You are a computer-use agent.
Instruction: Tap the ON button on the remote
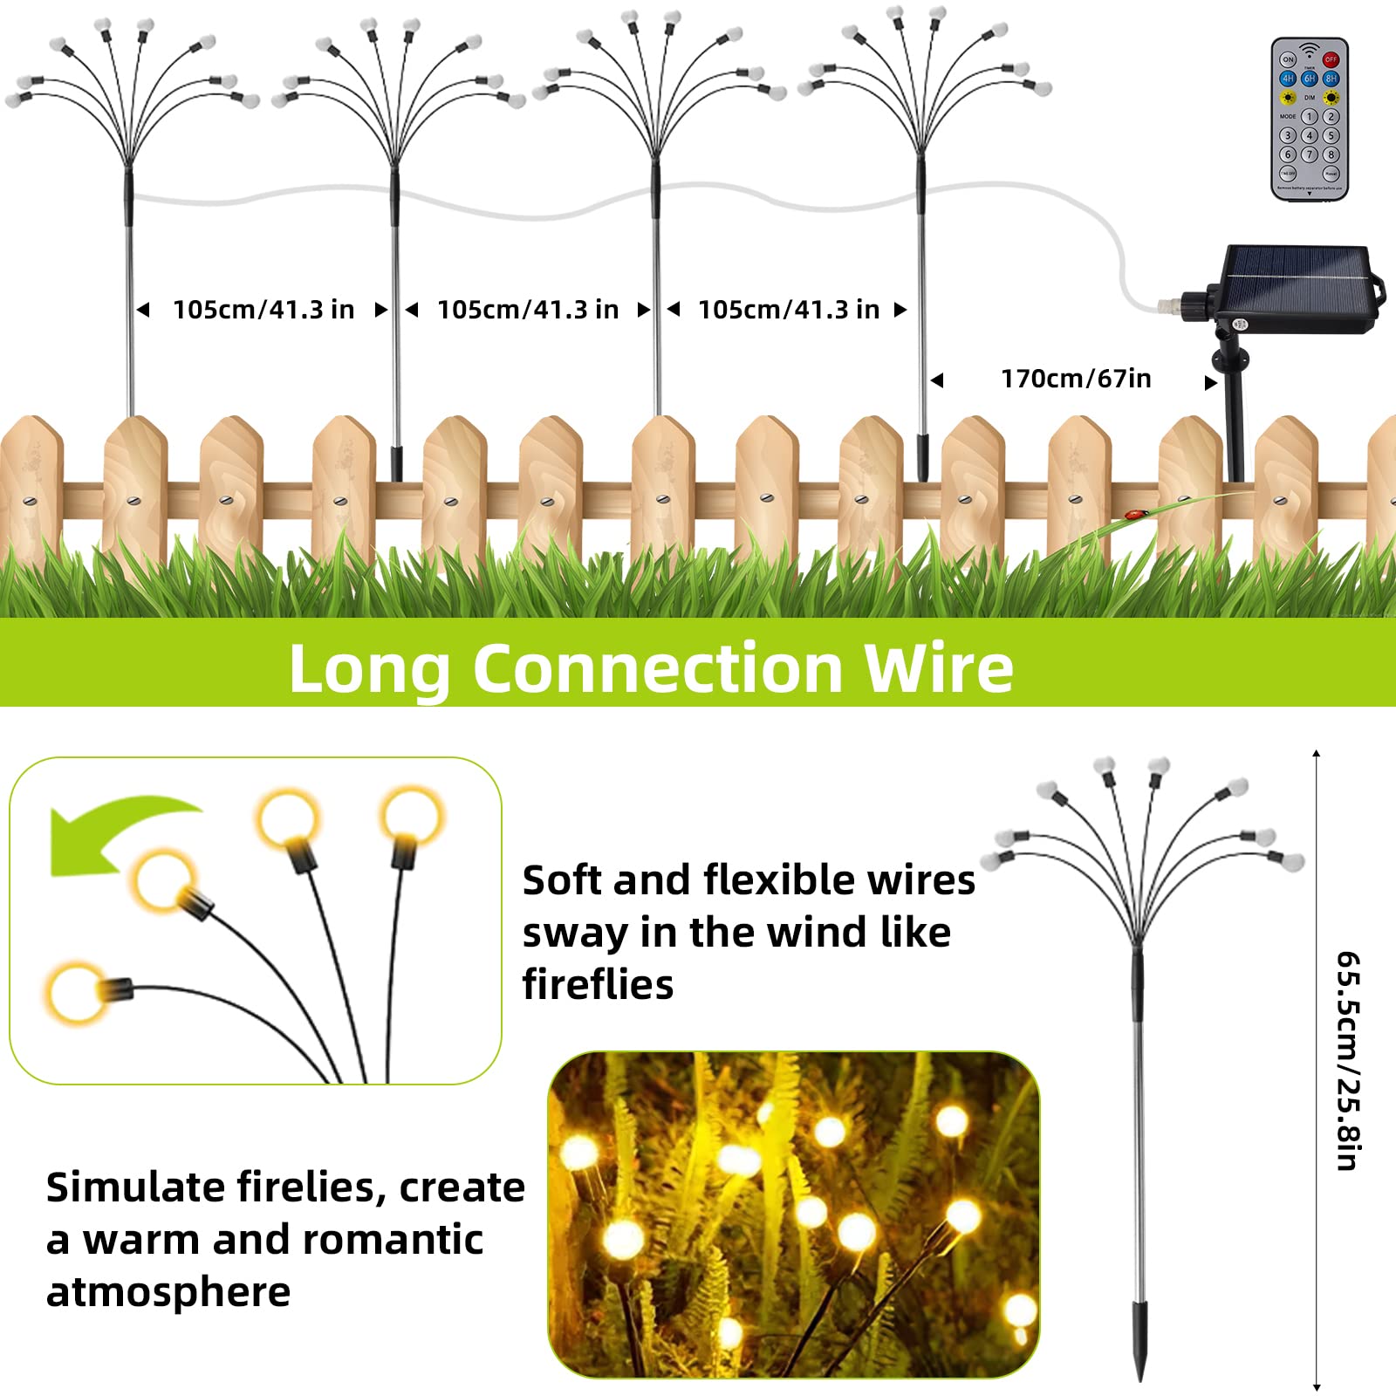coord(1288,59)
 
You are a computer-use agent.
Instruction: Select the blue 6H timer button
coord(1309,79)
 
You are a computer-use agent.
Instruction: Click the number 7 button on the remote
coord(1309,154)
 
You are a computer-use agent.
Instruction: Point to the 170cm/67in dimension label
coord(1075,379)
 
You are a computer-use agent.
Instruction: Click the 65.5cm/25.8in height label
coord(1347,1060)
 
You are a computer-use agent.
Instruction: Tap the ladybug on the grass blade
coord(1135,516)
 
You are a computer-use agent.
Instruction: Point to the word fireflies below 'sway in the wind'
coord(598,985)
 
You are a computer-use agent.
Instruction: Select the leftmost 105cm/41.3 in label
coord(263,310)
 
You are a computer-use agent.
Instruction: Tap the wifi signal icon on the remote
coord(1309,50)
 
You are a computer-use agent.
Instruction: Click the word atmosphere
coord(168,1292)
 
